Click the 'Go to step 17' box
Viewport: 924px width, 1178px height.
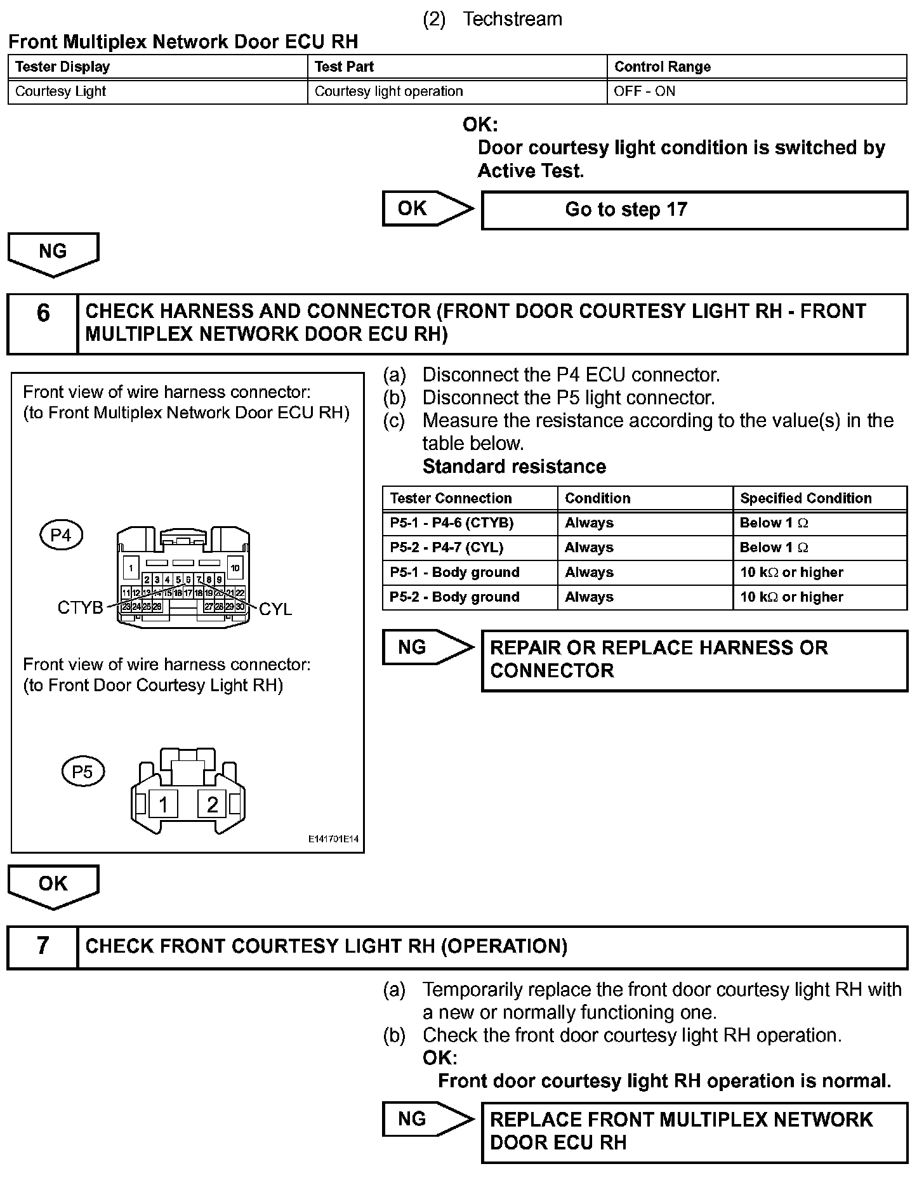[x=694, y=210]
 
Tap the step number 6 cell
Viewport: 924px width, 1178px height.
[x=43, y=323]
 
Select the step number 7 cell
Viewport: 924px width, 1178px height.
[x=43, y=946]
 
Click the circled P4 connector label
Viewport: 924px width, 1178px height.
[x=61, y=535]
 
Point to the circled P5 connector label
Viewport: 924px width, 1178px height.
[x=82, y=771]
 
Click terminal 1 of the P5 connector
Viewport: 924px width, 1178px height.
[x=164, y=804]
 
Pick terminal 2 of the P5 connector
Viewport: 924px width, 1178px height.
[x=212, y=804]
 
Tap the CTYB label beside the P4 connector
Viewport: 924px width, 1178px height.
[x=80, y=608]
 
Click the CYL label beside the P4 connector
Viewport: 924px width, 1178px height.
[x=275, y=609]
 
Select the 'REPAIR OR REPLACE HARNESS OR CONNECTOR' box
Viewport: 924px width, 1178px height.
[x=694, y=659]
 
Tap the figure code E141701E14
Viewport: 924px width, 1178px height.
[x=333, y=839]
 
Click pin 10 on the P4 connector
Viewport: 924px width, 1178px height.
[x=235, y=568]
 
